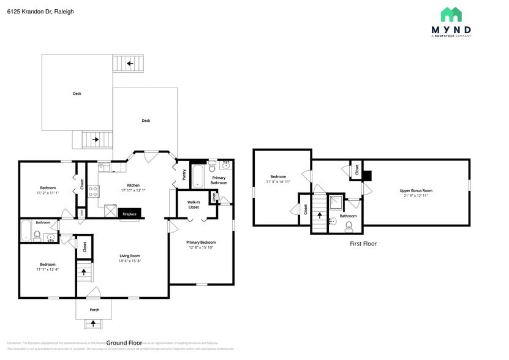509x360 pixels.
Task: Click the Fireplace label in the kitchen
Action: [x=129, y=214]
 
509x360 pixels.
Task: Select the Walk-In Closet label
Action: [x=194, y=204]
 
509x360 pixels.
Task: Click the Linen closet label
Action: [x=213, y=197]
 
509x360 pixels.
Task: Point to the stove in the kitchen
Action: [x=94, y=192]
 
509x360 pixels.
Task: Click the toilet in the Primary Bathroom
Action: [x=212, y=168]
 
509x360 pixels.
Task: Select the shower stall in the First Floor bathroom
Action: [x=336, y=203]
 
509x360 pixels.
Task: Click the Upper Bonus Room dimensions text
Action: [x=415, y=196]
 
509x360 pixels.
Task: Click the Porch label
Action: [x=94, y=310]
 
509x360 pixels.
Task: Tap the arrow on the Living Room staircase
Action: [x=84, y=271]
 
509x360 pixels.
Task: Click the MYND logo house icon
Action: [x=451, y=15]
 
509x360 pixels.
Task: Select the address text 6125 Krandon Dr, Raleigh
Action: [x=40, y=11]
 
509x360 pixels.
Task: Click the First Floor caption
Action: [x=363, y=244]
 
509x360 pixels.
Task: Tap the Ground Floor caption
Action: [x=124, y=343]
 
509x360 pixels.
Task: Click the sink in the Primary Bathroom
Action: [x=226, y=165]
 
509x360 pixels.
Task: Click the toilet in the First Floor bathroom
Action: [x=349, y=227]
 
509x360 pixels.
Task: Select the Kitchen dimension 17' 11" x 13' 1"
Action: [x=133, y=190]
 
